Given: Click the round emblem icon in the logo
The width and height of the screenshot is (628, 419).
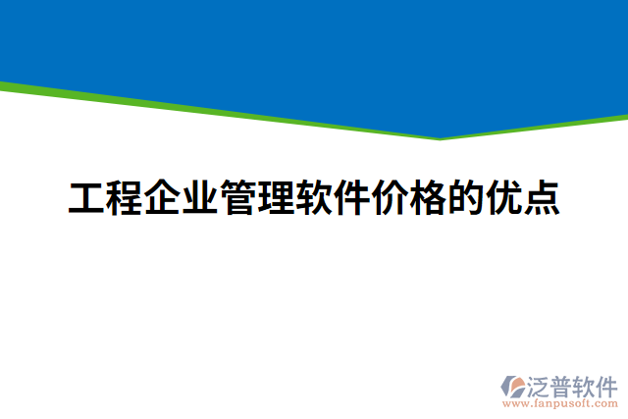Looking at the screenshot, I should [513, 387].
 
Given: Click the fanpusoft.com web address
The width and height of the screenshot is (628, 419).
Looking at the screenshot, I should [559, 402].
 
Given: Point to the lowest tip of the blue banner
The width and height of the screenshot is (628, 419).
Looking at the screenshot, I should [439, 137].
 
